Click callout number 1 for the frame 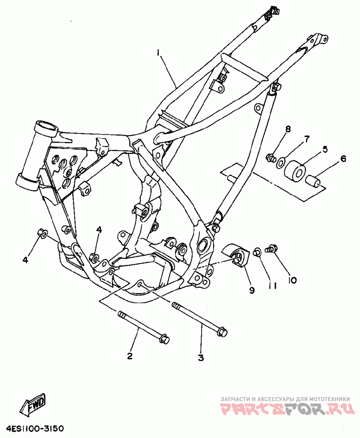[x=158, y=53]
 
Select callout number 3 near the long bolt [x=201, y=358]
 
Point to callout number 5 [x=325, y=149]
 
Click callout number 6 [x=343, y=159]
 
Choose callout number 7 [x=307, y=139]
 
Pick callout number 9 [x=252, y=290]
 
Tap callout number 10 [x=292, y=280]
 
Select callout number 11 [x=273, y=286]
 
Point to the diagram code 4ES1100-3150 [x=32, y=428]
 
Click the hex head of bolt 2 [x=165, y=338]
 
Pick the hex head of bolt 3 [x=223, y=331]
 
